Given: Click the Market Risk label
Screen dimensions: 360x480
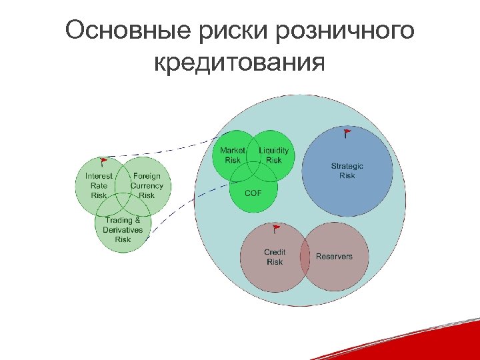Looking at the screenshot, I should tap(233, 155).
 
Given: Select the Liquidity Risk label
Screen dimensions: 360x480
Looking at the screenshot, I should tap(274, 155).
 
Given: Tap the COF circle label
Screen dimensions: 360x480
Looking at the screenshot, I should tap(253, 193).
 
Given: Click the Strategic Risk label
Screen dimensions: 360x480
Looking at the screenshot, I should tap(347, 171).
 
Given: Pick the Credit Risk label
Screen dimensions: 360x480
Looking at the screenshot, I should tap(275, 257).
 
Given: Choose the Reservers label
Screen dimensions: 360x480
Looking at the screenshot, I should tap(334, 257).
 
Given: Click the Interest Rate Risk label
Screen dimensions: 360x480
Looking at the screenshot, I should tap(99, 185).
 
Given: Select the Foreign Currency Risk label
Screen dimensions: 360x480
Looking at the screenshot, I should tap(147, 185).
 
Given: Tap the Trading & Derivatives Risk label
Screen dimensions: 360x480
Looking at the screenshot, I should tap(123, 229).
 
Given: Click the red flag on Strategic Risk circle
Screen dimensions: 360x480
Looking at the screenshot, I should tap(347, 133).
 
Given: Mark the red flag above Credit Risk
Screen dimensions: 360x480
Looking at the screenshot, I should tap(276, 230).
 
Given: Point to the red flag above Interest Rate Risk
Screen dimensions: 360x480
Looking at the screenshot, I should tap(103, 161).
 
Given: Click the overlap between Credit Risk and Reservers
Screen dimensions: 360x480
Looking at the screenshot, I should tap(305, 257).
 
